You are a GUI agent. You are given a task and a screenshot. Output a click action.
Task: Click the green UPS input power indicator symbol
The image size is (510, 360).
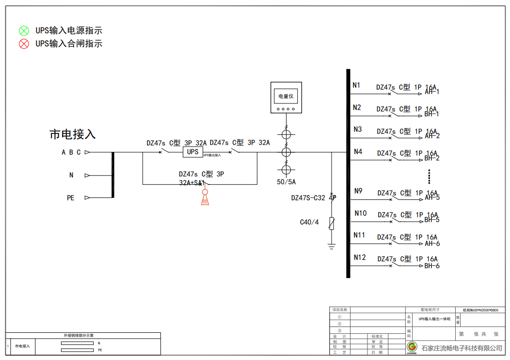[24, 31]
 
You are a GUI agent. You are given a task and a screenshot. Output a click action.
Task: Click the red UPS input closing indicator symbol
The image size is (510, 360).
[24, 44]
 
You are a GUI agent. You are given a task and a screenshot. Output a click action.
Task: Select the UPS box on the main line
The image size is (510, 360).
[192, 152]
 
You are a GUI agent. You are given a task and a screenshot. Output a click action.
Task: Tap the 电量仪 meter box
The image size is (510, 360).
[286, 98]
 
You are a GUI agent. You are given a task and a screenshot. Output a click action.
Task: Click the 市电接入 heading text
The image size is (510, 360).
[73, 134]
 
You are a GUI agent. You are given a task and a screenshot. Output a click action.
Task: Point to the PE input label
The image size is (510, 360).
[71, 198]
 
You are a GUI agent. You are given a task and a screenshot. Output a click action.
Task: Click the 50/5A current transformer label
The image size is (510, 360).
[286, 182]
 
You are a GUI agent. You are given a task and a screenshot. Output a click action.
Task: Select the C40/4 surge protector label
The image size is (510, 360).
[309, 222]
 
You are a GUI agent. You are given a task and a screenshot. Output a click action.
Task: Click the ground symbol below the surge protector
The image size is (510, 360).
[332, 246]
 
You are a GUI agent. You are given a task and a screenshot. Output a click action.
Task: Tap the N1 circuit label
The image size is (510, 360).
[357, 85]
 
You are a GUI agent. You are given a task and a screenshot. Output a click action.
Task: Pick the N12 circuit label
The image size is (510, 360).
[359, 257]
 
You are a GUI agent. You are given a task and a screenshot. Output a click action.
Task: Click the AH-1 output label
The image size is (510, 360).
[432, 92]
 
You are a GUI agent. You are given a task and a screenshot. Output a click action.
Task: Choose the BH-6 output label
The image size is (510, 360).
[432, 266]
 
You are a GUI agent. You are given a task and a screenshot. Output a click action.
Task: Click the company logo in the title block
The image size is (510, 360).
[412, 347]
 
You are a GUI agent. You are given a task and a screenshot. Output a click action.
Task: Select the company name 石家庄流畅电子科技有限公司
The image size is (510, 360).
[462, 348]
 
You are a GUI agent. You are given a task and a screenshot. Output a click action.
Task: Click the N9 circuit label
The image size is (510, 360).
[358, 191]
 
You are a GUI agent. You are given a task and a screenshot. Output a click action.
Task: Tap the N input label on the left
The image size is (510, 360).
[71, 175]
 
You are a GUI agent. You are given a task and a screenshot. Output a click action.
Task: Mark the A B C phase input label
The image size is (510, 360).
[71, 152]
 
